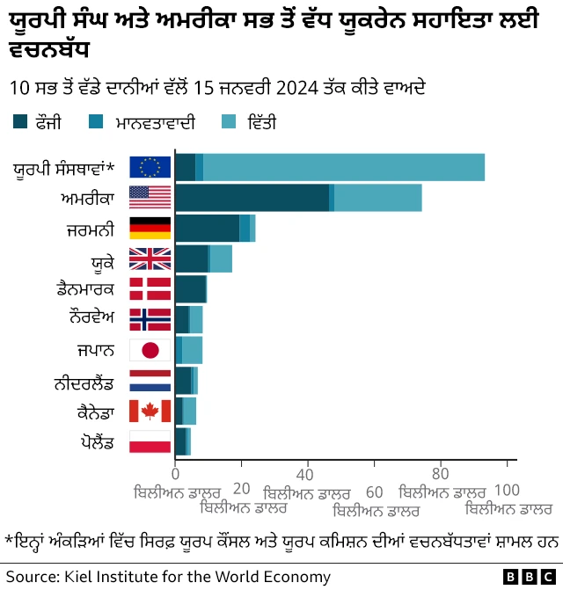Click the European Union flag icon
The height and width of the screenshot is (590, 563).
click(x=150, y=167)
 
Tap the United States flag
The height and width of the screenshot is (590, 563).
click(x=150, y=198)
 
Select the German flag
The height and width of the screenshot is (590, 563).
click(x=150, y=228)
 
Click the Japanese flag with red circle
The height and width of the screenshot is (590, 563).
click(x=150, y=350)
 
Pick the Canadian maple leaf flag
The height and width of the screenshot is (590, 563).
click(x=150, y=411)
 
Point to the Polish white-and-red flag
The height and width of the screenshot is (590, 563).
click(x=150, y=441)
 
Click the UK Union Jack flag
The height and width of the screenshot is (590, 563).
click(x=150, y=259)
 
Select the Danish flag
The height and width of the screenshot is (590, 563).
click(x=150, y=289)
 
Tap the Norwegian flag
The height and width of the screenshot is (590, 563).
click(x=150, y=319)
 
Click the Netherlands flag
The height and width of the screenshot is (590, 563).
click(x=150, y=381)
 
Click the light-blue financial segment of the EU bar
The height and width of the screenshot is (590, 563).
click(x=343, y=167)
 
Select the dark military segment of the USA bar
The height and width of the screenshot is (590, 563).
click(x=252, y=198)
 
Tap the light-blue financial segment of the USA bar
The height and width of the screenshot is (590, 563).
click(x=377, y=198)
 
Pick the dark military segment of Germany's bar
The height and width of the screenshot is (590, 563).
click(x=207, y=228)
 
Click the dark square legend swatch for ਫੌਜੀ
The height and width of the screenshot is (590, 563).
click(x=20, y=123)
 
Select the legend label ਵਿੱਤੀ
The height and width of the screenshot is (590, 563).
click(x=261, y=123)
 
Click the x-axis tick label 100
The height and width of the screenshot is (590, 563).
click(x=508, y=490)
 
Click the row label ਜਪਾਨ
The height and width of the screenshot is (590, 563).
click(x=95, y=350)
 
